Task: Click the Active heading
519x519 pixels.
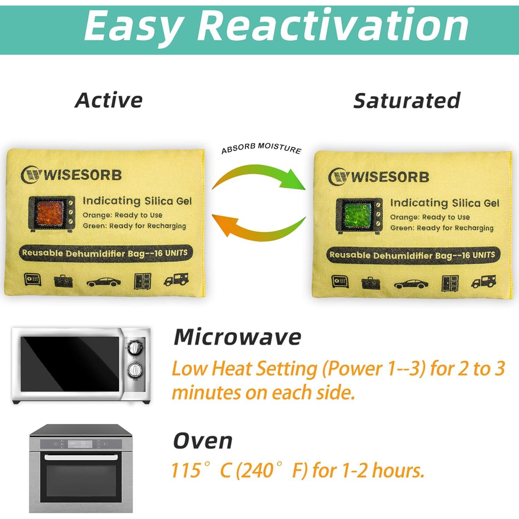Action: point(109,100)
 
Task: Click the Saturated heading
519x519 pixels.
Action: point(407,100)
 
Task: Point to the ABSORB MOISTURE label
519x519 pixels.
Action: point(261,148)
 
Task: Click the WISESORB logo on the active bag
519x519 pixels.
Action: point(71,175)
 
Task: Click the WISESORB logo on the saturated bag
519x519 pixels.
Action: point(379,176)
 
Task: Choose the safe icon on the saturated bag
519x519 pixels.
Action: point(340,281)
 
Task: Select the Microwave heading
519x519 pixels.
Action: point(237,337)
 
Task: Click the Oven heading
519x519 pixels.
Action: point(203,441)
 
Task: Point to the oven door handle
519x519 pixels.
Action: point(81,458)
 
